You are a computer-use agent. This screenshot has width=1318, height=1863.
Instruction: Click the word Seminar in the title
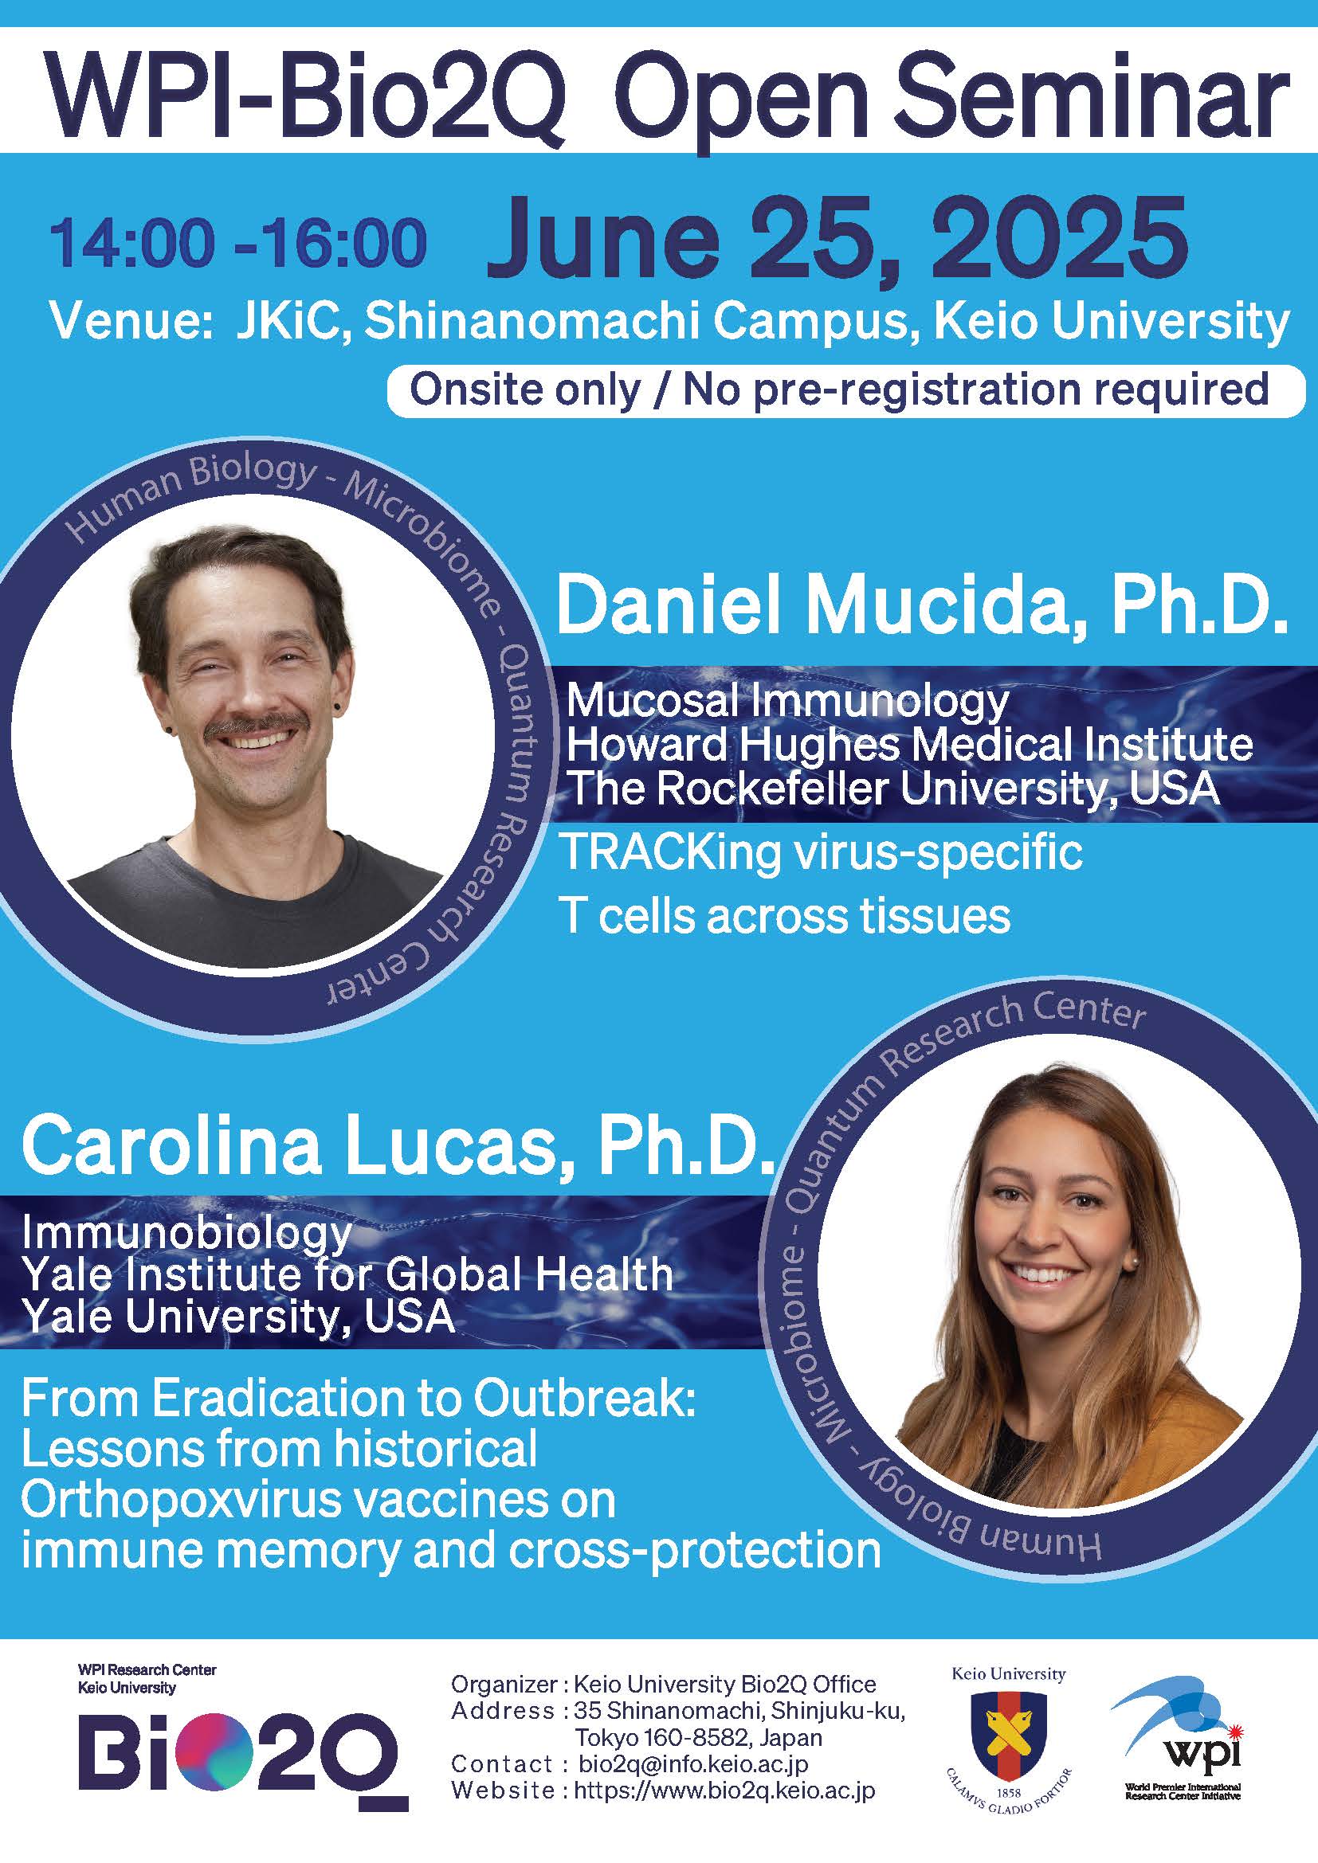point(1096,92)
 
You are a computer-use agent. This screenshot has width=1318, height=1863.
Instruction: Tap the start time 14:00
point(133,242)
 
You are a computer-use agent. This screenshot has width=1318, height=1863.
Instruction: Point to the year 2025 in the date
point(1059,237)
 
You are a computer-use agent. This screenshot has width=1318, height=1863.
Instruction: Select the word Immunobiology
point(187,1233)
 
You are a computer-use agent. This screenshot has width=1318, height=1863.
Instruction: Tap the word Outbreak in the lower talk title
point(584,1398)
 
